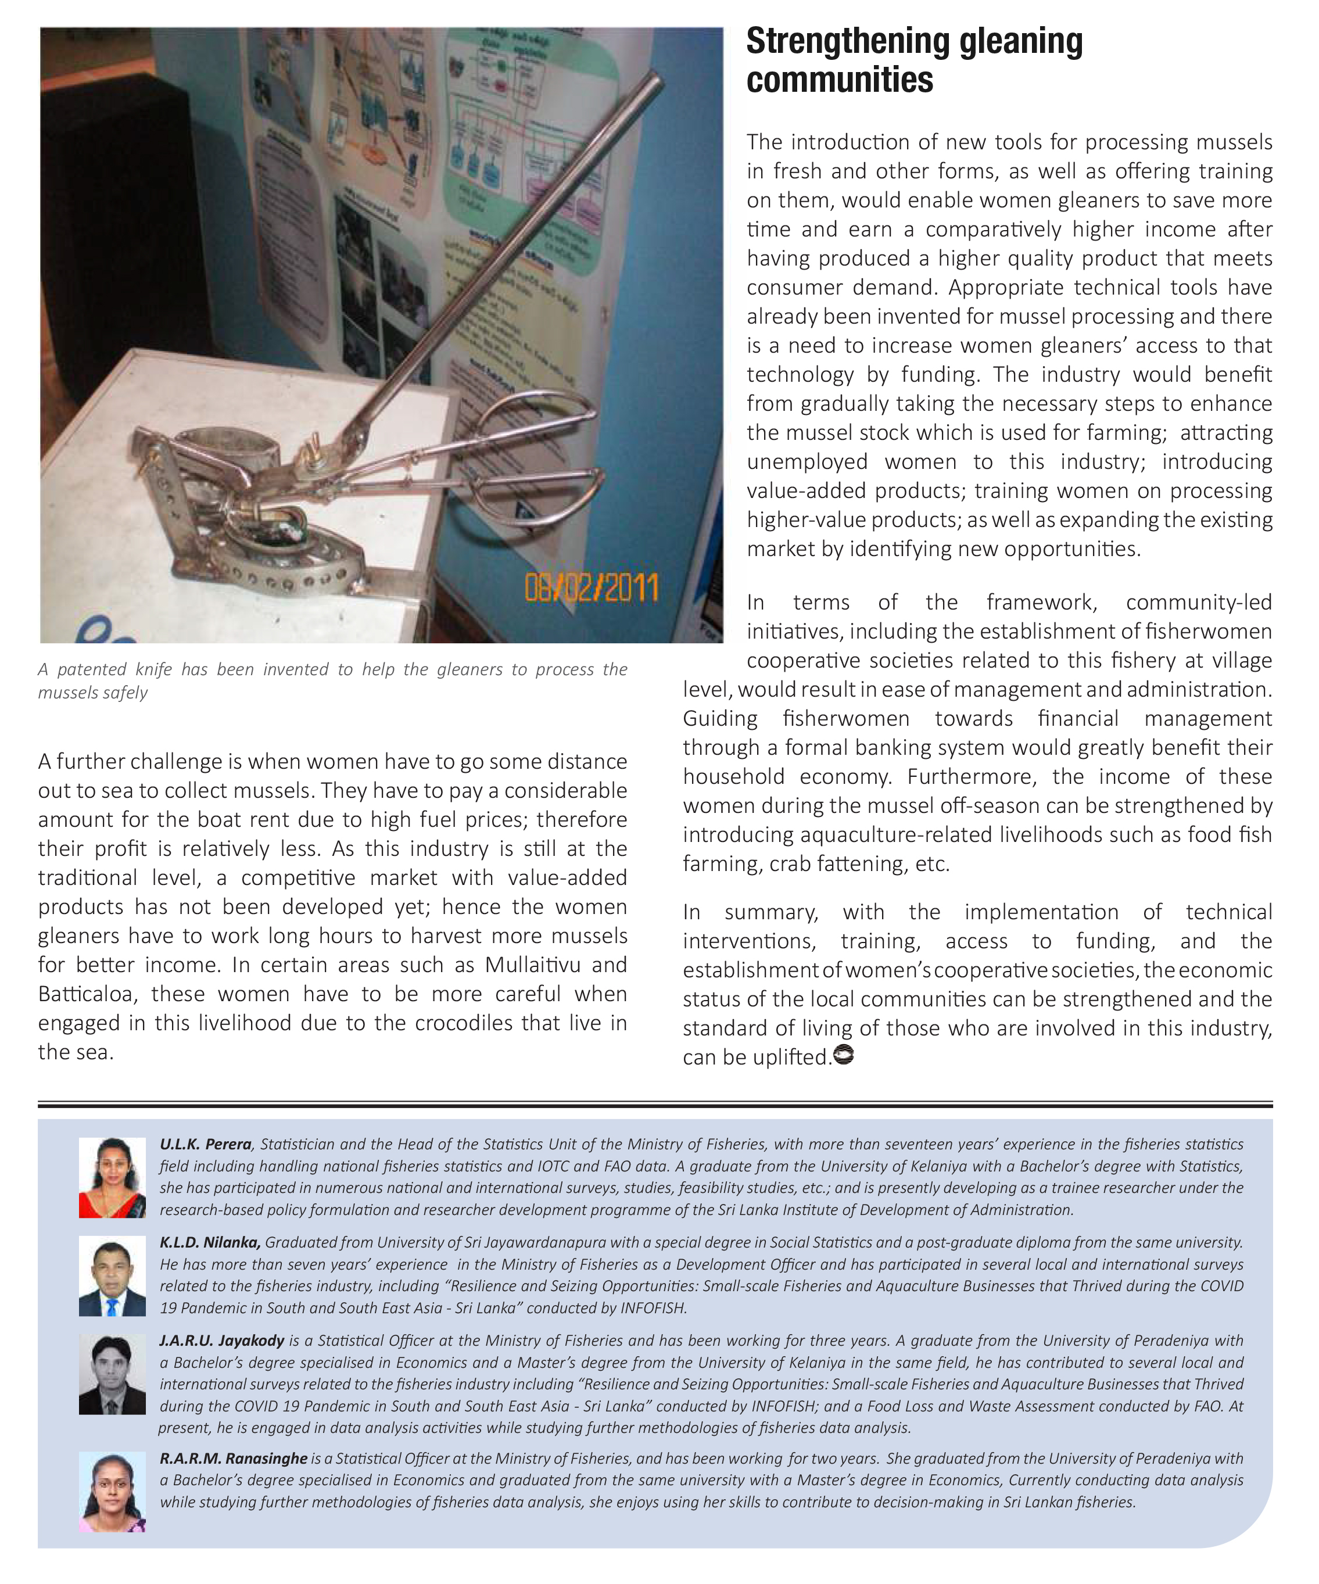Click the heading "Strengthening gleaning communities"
(x=914, y=60)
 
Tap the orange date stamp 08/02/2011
(x=592, y=587)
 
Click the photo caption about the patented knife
(x=332, y=680)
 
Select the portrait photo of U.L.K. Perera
(x=112, y=1177)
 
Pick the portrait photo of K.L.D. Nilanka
(x=112, y=1276)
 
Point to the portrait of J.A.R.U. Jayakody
(x=112, y=1374)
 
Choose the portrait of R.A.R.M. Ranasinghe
(x=112, y=1490)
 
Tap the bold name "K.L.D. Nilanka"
(x=210, y=1242)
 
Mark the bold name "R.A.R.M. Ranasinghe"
(x=234, y=1459)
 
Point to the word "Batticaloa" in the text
(x=85, y=994)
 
